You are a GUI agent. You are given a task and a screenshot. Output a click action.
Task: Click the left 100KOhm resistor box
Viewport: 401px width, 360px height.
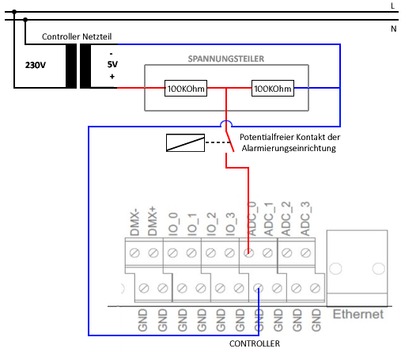pyautogui.click(x=186, y=89)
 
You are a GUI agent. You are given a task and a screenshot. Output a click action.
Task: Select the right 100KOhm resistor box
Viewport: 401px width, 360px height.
pyautogui.click(x=273, y=89)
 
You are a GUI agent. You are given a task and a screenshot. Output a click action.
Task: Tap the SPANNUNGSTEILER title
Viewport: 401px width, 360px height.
pyautogui.click(x=226, y=59)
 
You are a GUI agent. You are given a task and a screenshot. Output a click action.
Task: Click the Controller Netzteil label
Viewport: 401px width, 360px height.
pyautogui.click(x=77, y=36)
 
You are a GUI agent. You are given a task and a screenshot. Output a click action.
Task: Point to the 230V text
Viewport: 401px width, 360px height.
pyautogui.click(x=36, y=65)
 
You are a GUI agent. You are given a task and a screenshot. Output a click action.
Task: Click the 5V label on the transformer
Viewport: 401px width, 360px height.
pyautogui.click(x=112, y=64)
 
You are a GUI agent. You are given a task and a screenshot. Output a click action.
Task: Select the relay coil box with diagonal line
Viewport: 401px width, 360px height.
pyautogui.click(x=185, y=142)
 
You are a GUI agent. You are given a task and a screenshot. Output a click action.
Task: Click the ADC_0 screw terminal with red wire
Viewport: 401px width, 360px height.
pyautogui.click(x=248, y=253)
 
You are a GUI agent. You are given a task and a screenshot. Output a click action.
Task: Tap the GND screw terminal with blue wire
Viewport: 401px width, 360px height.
pyautogui.click(x=258, y=288)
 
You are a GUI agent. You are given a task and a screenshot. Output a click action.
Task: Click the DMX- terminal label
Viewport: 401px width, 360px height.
pyautogui.click(x=134, y=222)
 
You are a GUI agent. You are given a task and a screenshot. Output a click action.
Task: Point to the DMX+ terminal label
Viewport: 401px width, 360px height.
pyautogui.click(x=153, y=221)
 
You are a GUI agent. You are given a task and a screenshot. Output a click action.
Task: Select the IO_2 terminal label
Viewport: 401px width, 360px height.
pyautogui.click(x=211, y=224)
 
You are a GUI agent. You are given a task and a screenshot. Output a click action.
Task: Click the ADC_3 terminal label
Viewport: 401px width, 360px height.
pyautogui.click(x=305, y=218)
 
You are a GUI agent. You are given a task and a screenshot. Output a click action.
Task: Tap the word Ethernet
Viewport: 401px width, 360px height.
pyautogui.click(x=358, y=314)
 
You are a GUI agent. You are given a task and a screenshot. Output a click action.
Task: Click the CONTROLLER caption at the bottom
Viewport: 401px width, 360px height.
pyautogui.click(x=255, y=343)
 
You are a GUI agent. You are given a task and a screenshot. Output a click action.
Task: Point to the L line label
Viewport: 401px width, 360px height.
pyautogui.click(x=393, y=6)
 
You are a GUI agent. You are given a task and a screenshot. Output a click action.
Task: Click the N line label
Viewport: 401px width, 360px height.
pyautogui.click(x=394, y=28)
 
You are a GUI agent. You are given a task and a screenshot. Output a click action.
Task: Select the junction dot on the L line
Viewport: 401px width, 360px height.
pyautogui.click(x=14, y=12)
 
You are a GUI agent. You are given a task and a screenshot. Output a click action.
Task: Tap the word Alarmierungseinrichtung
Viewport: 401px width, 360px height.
pyautogui.click(x=289, y=148)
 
